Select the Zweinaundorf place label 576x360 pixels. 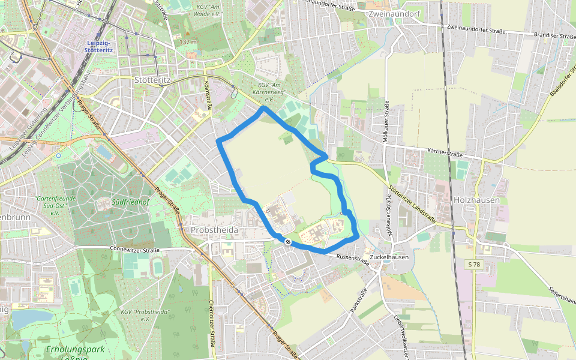point(396,13)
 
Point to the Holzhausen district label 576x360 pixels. point(477,200)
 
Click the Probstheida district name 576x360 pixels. point(214,230)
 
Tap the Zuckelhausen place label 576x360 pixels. point(389,257)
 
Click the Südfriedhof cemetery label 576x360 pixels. point(130,202)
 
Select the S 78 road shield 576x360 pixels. point(474,264)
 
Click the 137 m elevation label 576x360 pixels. point(188,42)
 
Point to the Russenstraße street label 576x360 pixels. point(353,260)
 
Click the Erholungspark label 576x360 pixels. point(75,349)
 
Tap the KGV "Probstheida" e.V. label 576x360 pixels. point(145,315)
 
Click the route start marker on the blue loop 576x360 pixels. point(289,242)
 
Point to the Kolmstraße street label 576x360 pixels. point(209,95)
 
